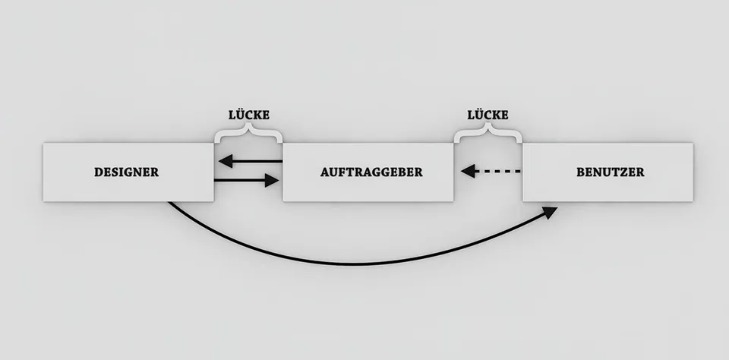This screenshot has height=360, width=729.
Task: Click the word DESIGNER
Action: coord(127,172)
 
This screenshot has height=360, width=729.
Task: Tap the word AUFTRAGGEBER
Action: coord(371,172)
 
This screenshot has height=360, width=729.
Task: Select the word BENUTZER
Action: coord(611,172)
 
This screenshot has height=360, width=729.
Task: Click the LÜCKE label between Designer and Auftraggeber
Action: coord(249,115)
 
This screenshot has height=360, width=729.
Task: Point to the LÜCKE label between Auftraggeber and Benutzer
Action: coord(488,115)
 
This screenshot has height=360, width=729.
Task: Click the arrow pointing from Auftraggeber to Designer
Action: coord(250,162)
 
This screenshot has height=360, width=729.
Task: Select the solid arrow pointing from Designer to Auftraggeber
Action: coord(246,181)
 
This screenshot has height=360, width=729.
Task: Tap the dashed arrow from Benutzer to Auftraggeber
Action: coord(491,171)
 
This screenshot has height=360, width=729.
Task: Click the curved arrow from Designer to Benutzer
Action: coord(358,264)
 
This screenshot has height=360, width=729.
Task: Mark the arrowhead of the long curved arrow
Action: coord(551,212)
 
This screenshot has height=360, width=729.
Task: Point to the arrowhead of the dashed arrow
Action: coord(469,171)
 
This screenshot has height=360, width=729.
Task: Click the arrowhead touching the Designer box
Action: coord(226,162)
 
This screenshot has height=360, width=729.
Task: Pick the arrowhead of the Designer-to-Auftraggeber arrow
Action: coord(272,181)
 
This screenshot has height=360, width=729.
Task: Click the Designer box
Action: coord(128,172)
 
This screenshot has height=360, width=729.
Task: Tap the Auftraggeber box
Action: coord(368,172)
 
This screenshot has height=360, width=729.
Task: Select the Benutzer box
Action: coord(608,172)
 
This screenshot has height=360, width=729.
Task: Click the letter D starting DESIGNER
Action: coord(99,172)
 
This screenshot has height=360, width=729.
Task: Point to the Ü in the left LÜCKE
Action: coord(241,114)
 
